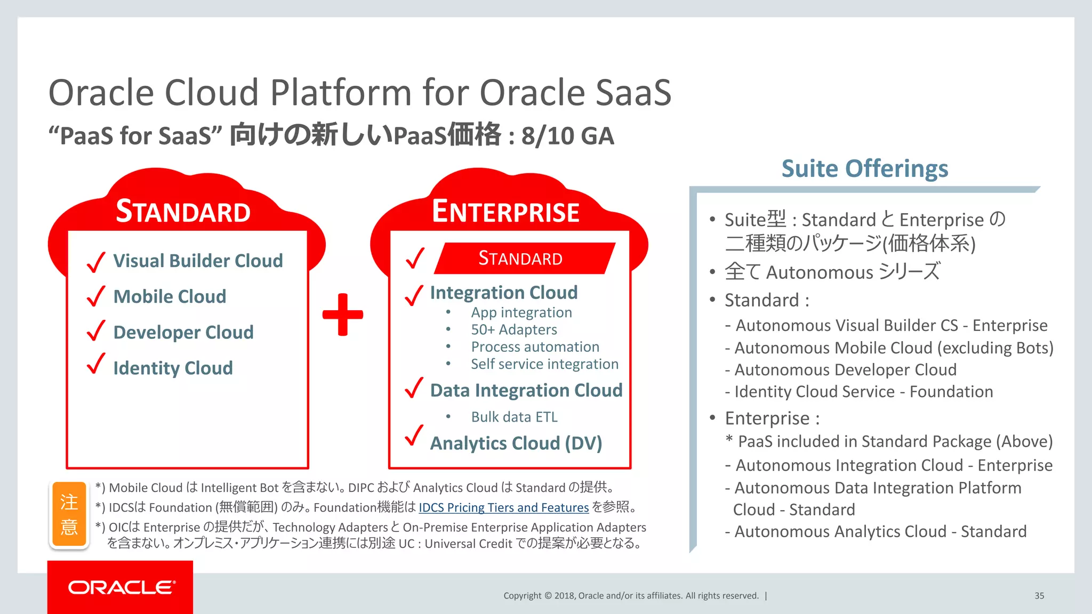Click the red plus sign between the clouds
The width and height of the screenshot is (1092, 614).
tap(343, 314)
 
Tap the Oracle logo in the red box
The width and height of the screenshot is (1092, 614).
tap(122, 587)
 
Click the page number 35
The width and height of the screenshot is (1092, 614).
tap(1039, 596)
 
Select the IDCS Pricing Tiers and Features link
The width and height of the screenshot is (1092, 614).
tap(503, 507)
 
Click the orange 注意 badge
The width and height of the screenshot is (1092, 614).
tap(69, 514)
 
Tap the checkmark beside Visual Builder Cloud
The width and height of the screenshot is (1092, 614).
tap(96, 262)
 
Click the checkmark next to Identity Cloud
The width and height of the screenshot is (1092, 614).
tap(96, 364)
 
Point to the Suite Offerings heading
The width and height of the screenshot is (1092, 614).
tap(864, 169)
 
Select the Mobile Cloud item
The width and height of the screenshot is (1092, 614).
tap(170, 296)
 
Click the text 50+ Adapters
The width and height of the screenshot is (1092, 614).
tap(513, 330)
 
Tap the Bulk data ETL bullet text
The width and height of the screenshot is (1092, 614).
tap(514, 417)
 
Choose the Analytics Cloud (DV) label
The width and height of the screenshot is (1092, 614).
tap(516, 443)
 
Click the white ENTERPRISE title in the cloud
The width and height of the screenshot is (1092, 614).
tap(505, 212)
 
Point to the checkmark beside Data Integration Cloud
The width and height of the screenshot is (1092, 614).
tap(414, 388)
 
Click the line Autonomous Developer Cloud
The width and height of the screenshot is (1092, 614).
tap(845, 370)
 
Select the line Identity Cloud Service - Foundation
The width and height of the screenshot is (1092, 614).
tap(863, 392)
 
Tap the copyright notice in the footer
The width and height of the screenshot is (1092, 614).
tap(631, 596)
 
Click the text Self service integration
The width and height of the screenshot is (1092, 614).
tap(544, 364)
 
